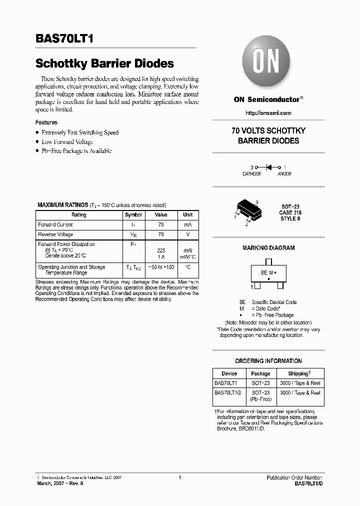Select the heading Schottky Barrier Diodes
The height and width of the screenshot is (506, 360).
104,63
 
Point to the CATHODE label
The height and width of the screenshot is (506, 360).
252,174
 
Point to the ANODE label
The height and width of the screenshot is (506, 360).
284,174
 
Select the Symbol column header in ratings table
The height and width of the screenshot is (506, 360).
133,214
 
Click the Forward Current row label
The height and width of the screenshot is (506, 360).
55,225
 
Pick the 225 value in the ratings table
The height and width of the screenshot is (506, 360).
161,250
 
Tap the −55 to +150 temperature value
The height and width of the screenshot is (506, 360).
161,268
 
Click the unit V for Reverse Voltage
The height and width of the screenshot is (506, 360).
187,234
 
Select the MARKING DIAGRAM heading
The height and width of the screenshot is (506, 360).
268,248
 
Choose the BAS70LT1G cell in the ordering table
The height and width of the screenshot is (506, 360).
228,393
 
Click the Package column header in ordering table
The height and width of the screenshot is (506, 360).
260,373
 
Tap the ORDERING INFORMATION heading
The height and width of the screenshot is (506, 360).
268,361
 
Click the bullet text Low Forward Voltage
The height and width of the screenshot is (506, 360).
67,142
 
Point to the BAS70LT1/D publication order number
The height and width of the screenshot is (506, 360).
309,484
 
